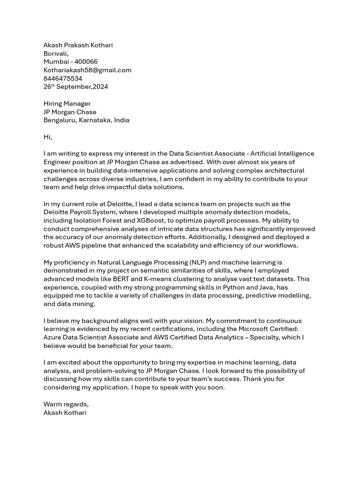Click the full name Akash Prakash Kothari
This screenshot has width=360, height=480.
78,45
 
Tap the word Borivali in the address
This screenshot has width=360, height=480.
56,54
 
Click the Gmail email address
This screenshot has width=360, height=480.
87,70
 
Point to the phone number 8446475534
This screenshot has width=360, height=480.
63,79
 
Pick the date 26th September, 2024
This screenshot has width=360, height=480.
75,87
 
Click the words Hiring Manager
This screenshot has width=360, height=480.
67,104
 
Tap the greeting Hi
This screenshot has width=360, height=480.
47,137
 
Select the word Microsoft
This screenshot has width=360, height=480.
263,329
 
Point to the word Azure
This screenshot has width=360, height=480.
52,337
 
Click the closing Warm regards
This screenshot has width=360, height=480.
66,405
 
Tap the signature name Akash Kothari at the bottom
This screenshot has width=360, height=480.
65,413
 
